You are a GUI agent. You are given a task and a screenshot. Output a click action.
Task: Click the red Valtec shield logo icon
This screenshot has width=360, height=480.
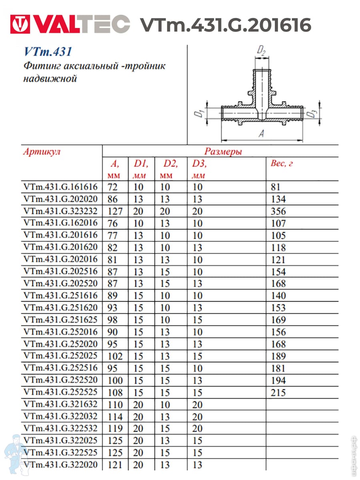(20, 25)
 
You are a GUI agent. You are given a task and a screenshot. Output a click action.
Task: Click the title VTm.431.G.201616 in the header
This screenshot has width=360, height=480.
(225, 26)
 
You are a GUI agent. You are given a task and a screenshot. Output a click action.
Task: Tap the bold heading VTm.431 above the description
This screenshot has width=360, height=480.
(48, 52)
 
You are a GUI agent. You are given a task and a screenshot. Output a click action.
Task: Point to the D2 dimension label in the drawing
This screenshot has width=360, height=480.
(262, 51)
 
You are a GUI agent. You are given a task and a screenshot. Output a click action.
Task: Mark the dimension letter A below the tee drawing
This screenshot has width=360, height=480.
(261, 134)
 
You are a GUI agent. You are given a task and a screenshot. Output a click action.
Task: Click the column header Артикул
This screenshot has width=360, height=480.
(42, 152)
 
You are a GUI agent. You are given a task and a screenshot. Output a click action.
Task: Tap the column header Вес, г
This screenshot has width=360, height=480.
(282, 163)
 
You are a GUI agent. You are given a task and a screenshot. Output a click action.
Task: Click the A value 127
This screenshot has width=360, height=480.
(114, 211)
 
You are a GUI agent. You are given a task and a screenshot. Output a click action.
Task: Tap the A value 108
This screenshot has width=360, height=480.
(114, 392)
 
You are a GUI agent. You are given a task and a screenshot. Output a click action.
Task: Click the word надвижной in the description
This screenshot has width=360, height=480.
(50, 78)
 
